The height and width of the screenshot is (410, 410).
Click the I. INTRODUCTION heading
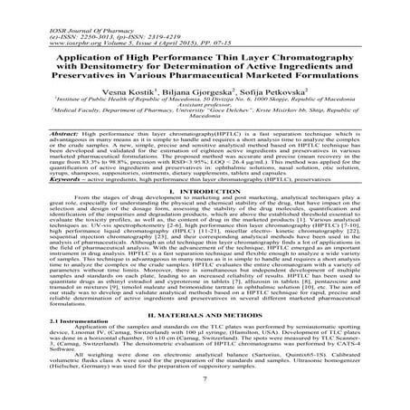pos(205,196)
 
